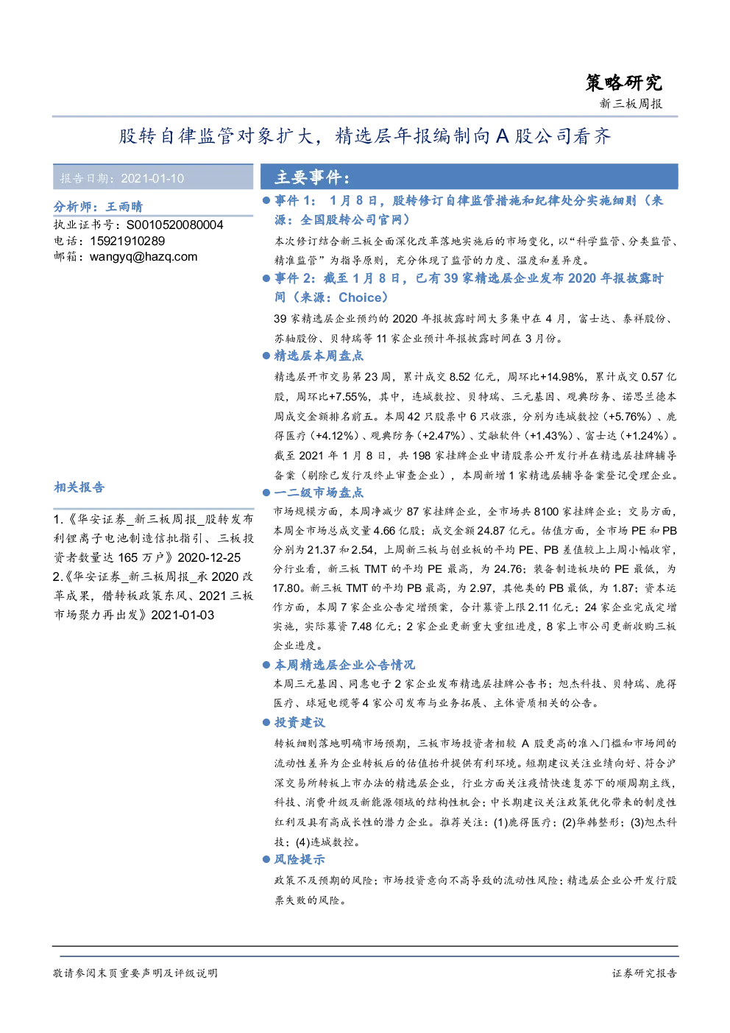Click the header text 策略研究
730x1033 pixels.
point(623,83)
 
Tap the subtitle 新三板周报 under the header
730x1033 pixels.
point(631,104)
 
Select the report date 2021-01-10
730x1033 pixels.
point(152,178)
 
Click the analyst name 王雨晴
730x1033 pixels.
point(124,206)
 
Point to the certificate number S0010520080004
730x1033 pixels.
point(174,225)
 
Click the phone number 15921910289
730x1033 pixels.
point(127,241)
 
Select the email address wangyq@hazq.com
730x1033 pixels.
point(143,257)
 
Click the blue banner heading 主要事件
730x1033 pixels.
point(313,177)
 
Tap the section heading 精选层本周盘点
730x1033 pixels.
point(319,356)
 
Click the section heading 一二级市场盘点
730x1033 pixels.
point(319,493)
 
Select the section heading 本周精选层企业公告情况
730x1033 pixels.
point(344,665)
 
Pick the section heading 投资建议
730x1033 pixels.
point(300,722)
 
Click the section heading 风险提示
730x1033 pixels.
point(300,859)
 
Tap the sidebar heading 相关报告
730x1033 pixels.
point(79,487)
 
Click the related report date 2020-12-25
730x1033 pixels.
point(209,557)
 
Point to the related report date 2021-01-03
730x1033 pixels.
point(182,615)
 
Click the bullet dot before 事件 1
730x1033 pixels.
point(266,200)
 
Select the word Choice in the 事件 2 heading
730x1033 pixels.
point(360,297)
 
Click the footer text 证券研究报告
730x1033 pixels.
point(645,973)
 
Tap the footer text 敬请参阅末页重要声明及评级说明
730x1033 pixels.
point(135,973)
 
